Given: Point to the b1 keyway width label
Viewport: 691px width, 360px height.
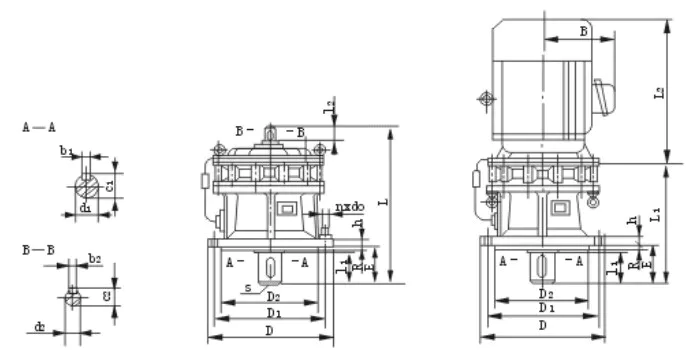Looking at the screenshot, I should click(67, 151).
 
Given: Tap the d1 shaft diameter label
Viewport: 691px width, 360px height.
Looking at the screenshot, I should click(86, 208).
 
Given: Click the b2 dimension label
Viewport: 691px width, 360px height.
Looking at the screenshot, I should click(94, 259).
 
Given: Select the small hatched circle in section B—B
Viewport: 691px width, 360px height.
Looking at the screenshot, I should click(72, 296).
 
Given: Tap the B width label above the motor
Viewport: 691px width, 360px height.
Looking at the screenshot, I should click(583, 30).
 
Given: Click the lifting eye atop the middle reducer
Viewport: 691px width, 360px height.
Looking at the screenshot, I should click(270, 131).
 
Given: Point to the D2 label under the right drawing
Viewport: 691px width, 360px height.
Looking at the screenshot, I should click(545, 294).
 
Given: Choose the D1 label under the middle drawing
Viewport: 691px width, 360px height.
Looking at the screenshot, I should click(266, 313).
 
